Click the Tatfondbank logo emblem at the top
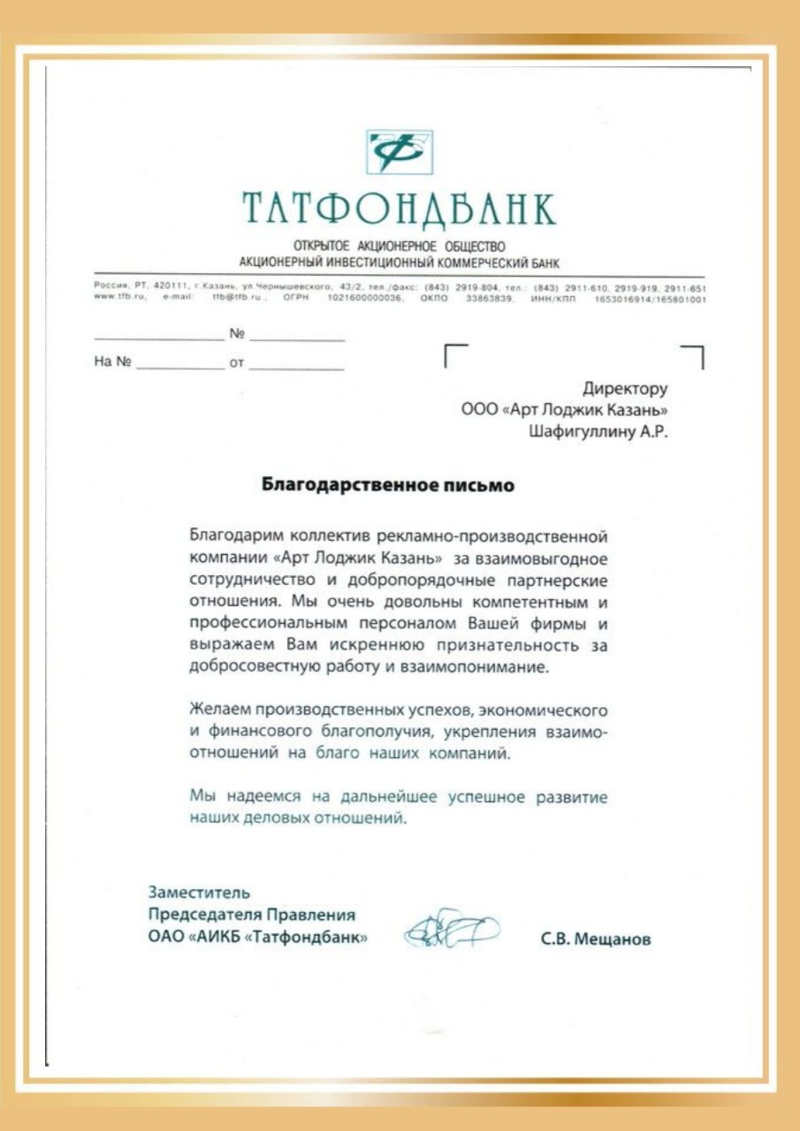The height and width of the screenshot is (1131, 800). [x=400, y=152]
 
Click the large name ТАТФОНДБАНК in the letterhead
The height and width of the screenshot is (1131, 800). [x=400, y=209]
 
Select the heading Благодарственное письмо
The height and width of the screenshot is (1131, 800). [x=387, y=485]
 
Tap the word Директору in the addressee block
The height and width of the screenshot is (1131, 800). [x=625, y=388]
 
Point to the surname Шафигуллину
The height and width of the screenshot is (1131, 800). [x=582, y=432]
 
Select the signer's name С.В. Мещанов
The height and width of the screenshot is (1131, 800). [x=595, y=940]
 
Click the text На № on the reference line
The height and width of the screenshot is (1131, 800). [x=112, y=361]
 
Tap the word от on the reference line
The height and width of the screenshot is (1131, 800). [x=236, y=362]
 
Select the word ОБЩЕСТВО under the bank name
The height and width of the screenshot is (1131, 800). [x=473, y=246]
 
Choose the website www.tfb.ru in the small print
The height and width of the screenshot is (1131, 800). [x=115, y=299]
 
